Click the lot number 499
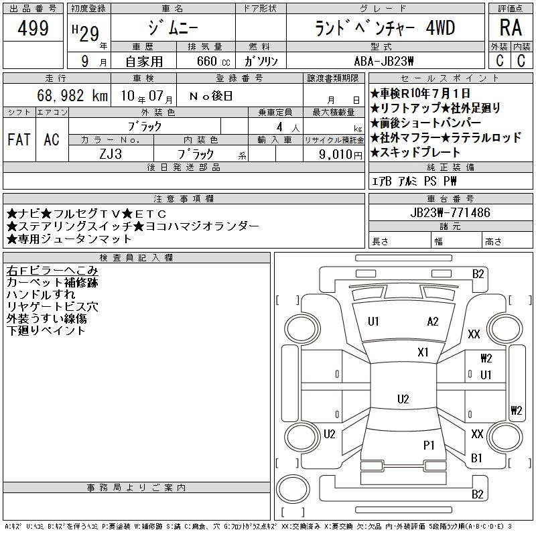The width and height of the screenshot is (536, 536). pos(33,27)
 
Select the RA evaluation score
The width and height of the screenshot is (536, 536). pos(511,27)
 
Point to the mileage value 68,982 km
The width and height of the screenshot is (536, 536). pos(72,95)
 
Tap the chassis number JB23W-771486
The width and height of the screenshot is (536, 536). pos(450,212)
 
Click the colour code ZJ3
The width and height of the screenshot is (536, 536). pos(111,154)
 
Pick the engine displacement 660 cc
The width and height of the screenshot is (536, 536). pos(214,61)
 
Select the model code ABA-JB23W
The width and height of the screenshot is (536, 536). pos(384,61)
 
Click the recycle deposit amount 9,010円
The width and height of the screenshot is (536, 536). pos(340,155)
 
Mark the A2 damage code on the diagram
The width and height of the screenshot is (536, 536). pos(432,322)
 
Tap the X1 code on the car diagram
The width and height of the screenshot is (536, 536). pos(423,352)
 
